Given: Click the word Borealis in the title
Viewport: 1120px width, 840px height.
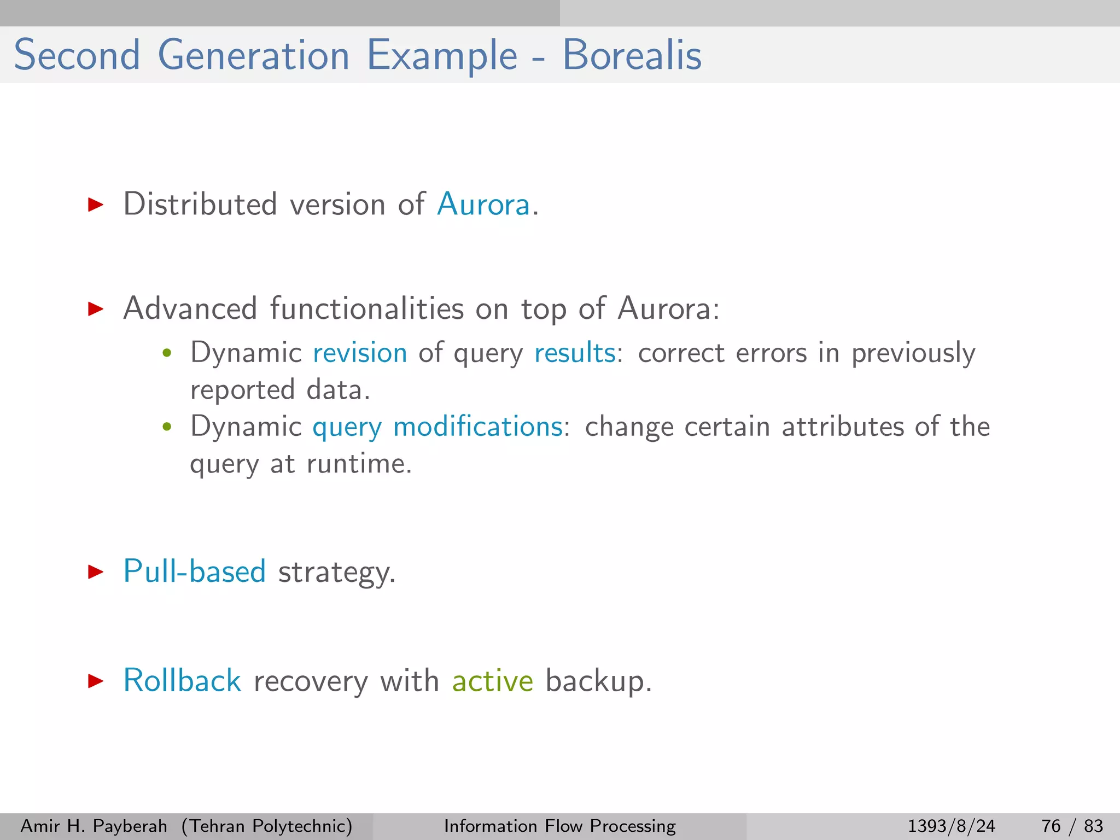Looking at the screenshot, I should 632,55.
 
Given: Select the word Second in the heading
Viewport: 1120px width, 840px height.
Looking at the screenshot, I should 77,55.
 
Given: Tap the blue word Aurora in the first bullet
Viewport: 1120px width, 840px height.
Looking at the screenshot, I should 483,205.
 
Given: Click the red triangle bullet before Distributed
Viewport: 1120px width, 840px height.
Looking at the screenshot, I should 96,205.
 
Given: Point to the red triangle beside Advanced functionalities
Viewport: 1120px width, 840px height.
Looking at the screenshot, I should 96,309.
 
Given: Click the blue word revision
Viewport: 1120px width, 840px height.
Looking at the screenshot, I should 360,353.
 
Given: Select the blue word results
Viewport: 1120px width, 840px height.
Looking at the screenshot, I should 575,353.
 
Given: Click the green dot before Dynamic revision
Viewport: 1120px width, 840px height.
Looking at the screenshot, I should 167,353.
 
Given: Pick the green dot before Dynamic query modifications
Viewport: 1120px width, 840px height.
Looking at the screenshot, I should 167,427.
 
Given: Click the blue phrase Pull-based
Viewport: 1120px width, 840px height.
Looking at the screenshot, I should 195,571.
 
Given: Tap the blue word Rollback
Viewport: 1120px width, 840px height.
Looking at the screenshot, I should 182,681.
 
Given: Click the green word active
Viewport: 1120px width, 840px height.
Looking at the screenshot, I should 492,681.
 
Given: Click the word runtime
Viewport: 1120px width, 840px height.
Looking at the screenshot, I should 358,464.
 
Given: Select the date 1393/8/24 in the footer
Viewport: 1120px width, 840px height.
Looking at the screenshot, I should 951,826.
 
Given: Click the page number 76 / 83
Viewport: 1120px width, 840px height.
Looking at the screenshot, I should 1072,826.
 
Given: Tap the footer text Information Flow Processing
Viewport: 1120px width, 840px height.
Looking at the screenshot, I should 559,826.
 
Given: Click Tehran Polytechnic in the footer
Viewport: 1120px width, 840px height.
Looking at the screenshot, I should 267,826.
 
